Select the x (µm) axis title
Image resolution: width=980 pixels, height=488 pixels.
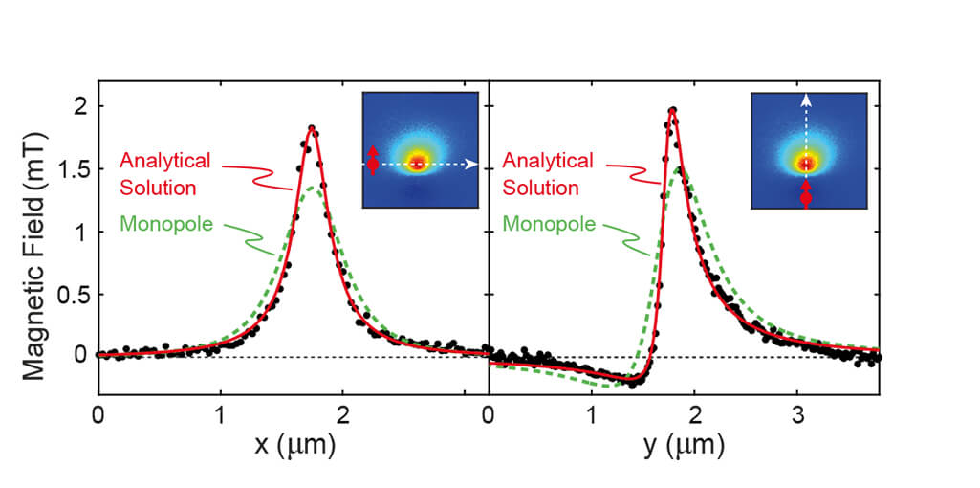tap(294, 446)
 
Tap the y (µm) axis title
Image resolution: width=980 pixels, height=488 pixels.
tap(685, 446)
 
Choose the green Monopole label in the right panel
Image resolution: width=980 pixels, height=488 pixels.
tap(548, 226)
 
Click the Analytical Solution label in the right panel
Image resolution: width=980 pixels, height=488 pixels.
tap(548, 174)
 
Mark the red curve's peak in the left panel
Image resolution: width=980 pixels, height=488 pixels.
tap(312, 127)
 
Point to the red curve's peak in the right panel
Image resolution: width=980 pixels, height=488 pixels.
tap(673, 112)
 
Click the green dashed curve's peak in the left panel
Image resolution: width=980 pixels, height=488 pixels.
tap(315, 188)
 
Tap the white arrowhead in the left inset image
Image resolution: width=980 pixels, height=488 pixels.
tap(472, 164)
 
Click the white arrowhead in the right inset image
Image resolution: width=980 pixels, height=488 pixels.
tap(806, 98)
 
